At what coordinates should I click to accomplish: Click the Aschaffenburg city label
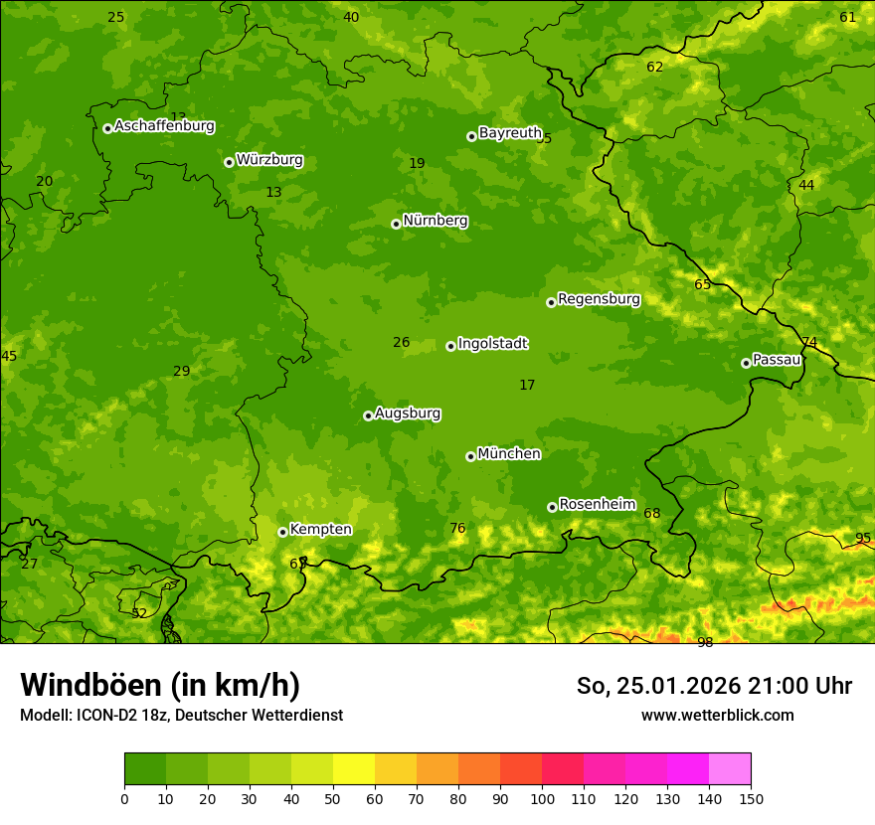(x=164, y=126)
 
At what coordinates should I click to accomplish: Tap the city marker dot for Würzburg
(x=229, y=162)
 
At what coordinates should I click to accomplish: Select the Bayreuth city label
(x=510, y=133)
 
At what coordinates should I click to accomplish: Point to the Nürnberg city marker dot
(x=396, y=224)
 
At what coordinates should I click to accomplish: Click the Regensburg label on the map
(x=599, y=299)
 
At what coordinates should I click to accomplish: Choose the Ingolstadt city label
(x=492, y=344)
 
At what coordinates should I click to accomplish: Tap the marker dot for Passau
(x=746, y=363)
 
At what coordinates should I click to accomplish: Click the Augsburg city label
(x=408, y=413)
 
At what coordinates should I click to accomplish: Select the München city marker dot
(x=470, y=456)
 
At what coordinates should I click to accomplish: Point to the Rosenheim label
(x=597, y=505)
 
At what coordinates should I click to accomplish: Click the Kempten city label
(x=320, y=530)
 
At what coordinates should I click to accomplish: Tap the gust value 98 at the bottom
(x=705, y=643)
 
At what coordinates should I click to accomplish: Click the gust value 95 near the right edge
(x=863, y=538)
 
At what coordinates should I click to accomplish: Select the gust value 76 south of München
(x=457, y=528)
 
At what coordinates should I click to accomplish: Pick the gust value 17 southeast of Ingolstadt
(x=527, y=385)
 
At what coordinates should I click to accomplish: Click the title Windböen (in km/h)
(x=160, y=686)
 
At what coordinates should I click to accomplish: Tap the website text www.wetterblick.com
(x=717, y=715)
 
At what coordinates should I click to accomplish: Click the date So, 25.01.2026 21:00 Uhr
(x=714, y=686)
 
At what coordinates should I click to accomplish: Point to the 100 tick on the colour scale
(x=542, y=799)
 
